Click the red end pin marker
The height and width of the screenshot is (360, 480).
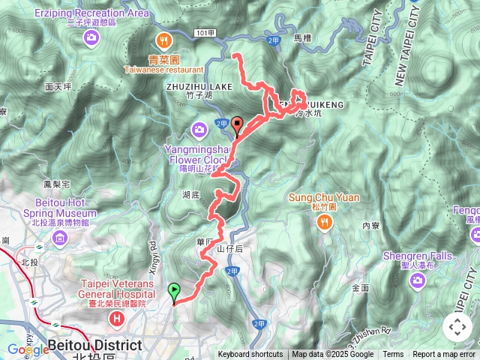pyautogui.click(x=238, y=125)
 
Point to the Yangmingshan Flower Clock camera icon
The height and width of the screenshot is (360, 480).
pyautogui.click(x=199, y=130)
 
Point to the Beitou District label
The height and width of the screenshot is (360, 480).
pyautogui.click(x=94, y=345)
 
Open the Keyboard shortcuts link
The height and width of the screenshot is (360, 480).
pyautogui.click(x=250, y=355)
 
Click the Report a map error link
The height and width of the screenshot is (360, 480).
pyautogui.click(x=445, y=355)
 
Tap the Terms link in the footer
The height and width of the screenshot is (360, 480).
pyautogui.click(x=393, y=355)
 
